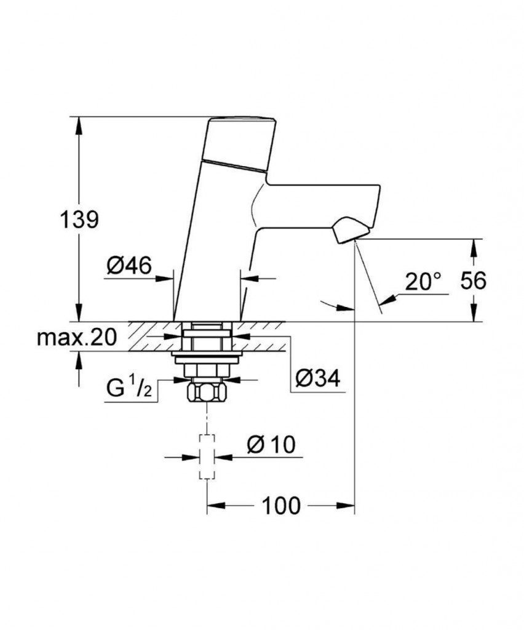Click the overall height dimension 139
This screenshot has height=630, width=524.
(79, 219)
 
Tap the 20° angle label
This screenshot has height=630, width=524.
(423, 282)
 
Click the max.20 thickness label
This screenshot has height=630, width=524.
(77, 337)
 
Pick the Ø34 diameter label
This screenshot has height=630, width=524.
(317, 378)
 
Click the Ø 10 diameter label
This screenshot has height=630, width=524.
(271, 444)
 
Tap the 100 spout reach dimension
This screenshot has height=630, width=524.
(282, 506)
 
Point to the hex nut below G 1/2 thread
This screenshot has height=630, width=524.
(206, 392)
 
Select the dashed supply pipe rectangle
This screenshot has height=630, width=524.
(207, 456)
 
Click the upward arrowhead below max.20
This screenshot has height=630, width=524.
(78, 358)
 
